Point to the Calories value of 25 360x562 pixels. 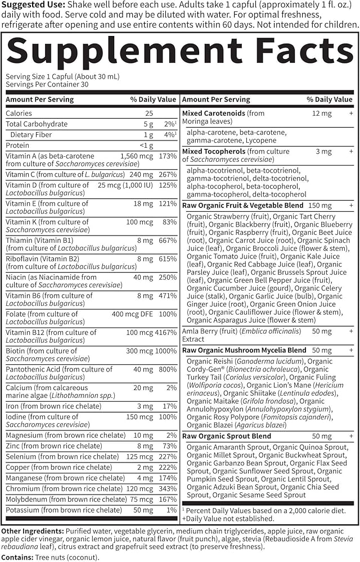pos(148,113)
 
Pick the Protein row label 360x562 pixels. pos(17,145)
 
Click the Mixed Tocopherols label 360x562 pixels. pos(214,152)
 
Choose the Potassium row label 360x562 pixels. pos(22,510)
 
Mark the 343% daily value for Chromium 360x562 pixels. pos(168,488)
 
